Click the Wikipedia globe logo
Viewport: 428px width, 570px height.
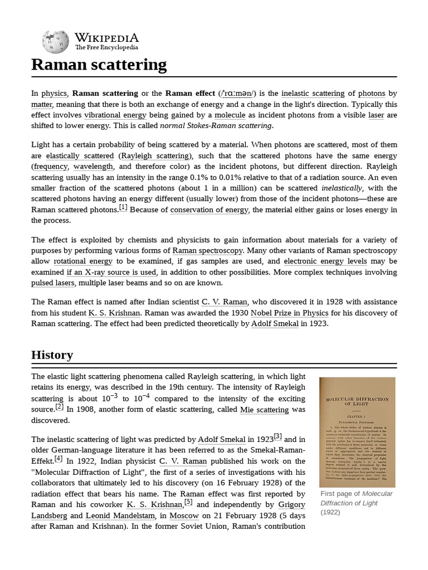click(x=55, y=42)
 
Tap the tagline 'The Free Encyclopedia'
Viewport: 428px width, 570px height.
click(x=106, y=48)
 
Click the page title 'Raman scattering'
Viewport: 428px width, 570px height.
click(x=99, y=65)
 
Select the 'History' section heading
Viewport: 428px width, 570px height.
click(x=52, y=355)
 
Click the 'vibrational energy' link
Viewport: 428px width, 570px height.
click(x=115, y=115)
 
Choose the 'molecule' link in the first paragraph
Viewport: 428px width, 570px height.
click(x=230, y=115)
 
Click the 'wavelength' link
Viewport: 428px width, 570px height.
click(x=93, y=166)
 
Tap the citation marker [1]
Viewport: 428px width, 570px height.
click(x=123, y=207)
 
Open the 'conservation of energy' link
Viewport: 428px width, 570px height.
click(x=209, y=210)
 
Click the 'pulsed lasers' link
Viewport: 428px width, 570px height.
click(x=53, y=283)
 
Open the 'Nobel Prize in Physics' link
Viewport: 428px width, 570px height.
click(x=289, y=313)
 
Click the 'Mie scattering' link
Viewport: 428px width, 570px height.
click(x=264, y=410)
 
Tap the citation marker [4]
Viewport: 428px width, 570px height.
click(x=59, y=459)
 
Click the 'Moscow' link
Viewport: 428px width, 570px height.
click(x=184, y=515)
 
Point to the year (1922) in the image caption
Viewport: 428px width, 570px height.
click(x=330, y=512)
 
